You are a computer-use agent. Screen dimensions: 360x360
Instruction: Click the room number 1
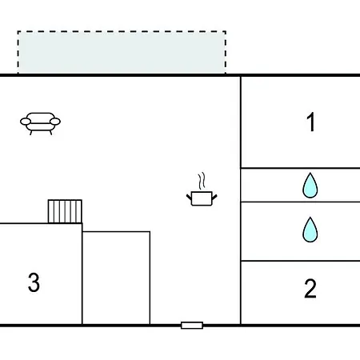[311, 122]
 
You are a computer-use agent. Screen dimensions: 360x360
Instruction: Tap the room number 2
[310, 288]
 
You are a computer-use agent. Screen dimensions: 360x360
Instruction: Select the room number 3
[34, 282]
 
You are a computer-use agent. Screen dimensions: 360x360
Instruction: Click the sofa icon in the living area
[40, 123]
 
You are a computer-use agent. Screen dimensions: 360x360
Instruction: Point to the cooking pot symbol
[202, 198]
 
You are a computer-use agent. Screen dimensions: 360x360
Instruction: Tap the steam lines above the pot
[202, 182]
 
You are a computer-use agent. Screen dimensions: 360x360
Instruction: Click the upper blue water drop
[310, 185]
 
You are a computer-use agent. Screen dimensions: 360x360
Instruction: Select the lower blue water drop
[310, 230]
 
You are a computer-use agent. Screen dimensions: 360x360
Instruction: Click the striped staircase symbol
[65, 211]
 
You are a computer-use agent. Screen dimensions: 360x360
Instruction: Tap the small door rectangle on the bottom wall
[192, 326]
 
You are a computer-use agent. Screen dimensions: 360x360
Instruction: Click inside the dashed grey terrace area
[122, 52]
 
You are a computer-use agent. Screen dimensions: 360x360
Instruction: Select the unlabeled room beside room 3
[116, 278]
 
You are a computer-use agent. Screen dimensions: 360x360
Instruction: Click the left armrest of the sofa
[26, 122]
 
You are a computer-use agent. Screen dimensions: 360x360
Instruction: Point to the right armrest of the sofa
[55, 122]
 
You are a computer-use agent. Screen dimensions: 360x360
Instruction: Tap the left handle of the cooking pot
[189, 198]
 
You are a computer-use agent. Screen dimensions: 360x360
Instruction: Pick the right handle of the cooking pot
[214, 198]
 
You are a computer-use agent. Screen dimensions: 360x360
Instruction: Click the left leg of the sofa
[31, 133]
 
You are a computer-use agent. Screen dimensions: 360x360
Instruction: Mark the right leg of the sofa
[50, 133]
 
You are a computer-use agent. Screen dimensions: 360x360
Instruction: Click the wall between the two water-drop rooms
[300, 202]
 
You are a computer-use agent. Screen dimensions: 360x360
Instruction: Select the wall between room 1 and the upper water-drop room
[300, 168]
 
